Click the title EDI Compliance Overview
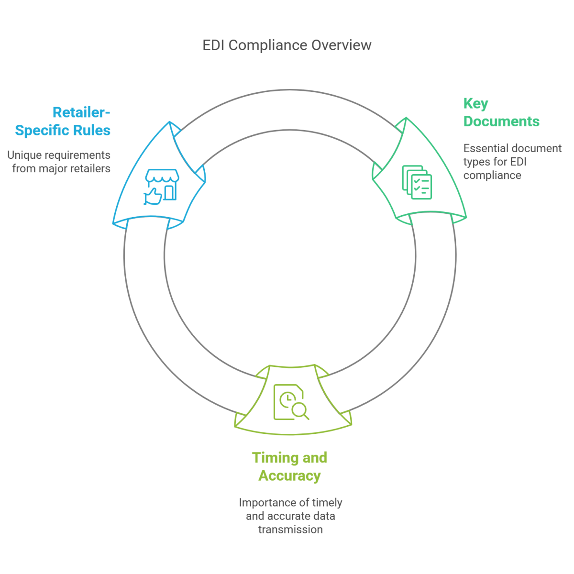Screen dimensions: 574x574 click(x=287, y=45)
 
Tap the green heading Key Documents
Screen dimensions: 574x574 click(x=501, y=112)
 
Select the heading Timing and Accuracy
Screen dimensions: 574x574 click(x=289, y=466)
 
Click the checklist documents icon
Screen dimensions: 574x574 click(x=417, y=182)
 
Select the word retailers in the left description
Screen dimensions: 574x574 click(x=91, y=168)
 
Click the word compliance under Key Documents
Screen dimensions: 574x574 click(x=492, y=175)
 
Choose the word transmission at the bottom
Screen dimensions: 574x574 click(x=290, y=530)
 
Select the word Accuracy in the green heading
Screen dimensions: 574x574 click(x=289, y=476)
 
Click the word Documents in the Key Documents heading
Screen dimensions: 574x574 click(x=501, y=121)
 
